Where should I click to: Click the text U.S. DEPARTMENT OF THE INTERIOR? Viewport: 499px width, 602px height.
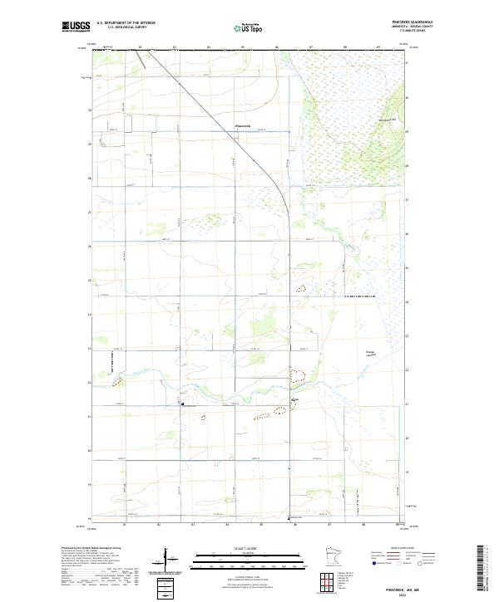click(x=126, y=22)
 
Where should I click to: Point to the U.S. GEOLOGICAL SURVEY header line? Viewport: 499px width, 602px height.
click(x=126, y=27)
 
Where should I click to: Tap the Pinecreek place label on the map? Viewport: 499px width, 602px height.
click(x=238, y=126)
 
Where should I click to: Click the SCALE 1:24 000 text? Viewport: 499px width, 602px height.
click(x=234, y=547)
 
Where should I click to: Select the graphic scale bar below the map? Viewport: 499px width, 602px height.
click(x=234, y=560)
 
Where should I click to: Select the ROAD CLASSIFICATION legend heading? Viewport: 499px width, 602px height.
click(x=392, y=549)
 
